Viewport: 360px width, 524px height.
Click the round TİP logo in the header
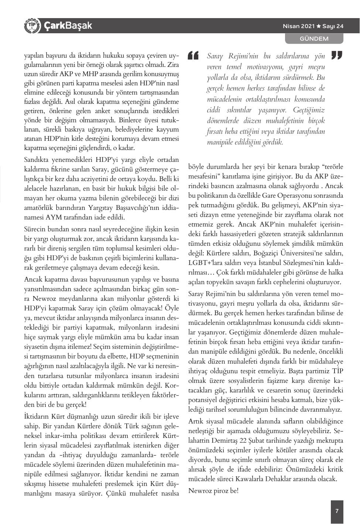click(32, 25)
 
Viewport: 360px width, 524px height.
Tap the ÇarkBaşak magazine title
click(68, 25)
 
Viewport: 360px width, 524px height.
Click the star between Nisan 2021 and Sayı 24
click(318, 26)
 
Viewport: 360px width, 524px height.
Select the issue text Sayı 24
click(333, 26)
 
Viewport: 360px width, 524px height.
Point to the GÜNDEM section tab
click(314, 38)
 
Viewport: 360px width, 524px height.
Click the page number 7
click(337, 511)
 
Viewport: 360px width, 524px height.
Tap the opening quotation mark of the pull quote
click(193, 55)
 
